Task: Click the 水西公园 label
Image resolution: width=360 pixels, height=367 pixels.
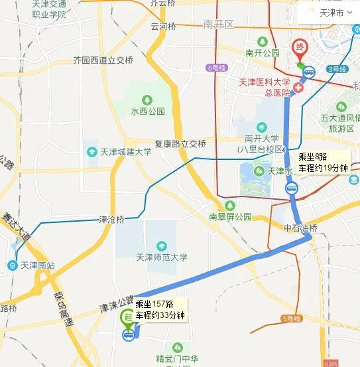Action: [147, 111]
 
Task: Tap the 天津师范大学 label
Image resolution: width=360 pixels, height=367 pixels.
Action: [162, 257]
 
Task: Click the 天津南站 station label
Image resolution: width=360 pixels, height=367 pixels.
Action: [34, 265]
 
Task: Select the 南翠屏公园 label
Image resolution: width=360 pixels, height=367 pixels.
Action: [230, 216]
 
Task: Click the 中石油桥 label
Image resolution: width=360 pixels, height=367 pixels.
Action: [301, 228]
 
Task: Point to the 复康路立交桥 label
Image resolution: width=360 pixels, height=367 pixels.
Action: [180, 143]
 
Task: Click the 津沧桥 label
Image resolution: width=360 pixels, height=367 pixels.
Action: [111, 219]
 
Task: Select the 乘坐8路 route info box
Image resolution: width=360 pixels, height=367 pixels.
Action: [323, 163]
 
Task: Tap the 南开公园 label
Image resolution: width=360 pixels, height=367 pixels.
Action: [262, 52]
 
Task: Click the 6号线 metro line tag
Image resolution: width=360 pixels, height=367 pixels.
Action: [217, 68]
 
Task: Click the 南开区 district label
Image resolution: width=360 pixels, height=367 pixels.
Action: [219, 25]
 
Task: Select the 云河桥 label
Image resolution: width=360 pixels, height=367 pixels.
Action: [164, 27]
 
